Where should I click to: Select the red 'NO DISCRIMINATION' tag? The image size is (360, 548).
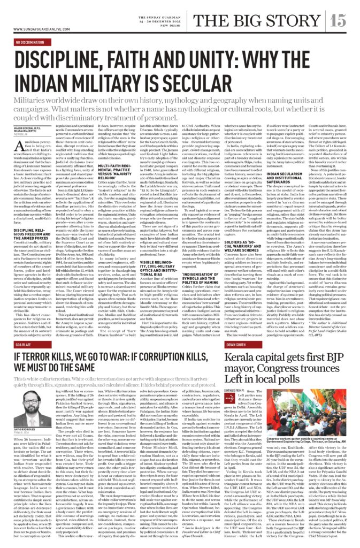pos(35,41)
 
